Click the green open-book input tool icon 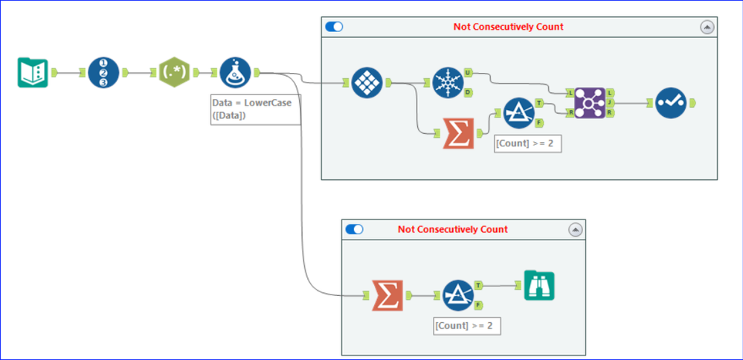[33, 72]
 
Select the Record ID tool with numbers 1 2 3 [103, 72]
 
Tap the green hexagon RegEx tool [175, 72]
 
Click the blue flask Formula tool [235, 72]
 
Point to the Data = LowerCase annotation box [251, 109]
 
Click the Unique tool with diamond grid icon [367, 83]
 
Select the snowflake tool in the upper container [447, 83]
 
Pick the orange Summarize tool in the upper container [458, 133]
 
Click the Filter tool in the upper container [518, 112]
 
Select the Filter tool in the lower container [457, 295]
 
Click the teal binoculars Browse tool [538, 285]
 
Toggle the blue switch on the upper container [335, 27]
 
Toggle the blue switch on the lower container [355, 229]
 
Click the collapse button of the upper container [707, 27]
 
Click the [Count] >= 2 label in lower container [467, 326]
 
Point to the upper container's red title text [508, 27]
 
